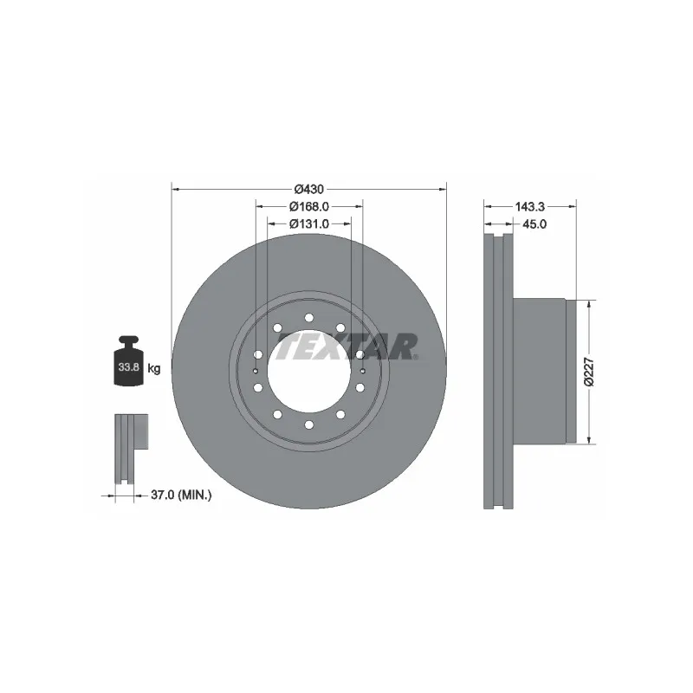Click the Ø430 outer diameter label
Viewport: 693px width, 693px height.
pyautogui.click(x=308, y=189)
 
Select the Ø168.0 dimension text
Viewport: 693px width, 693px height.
pyautogui.click(x=309, y=206)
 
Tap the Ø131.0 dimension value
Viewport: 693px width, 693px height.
pyautogui.click(x=309, y=223)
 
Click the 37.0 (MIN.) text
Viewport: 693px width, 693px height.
pyautogui.click(x=182, y=495)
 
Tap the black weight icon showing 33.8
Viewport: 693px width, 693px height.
pyautogui.click(x=129, y=365)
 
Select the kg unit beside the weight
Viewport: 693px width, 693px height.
pyautogui.click(x=154, y=369)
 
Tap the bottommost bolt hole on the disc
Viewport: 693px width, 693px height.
pyautogui.click(x=309, y=424)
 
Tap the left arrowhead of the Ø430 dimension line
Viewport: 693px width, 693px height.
pyautogui.click(x=176, y=188)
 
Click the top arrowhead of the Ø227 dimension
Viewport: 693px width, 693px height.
pyautogui.click(x=590, y=305)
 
